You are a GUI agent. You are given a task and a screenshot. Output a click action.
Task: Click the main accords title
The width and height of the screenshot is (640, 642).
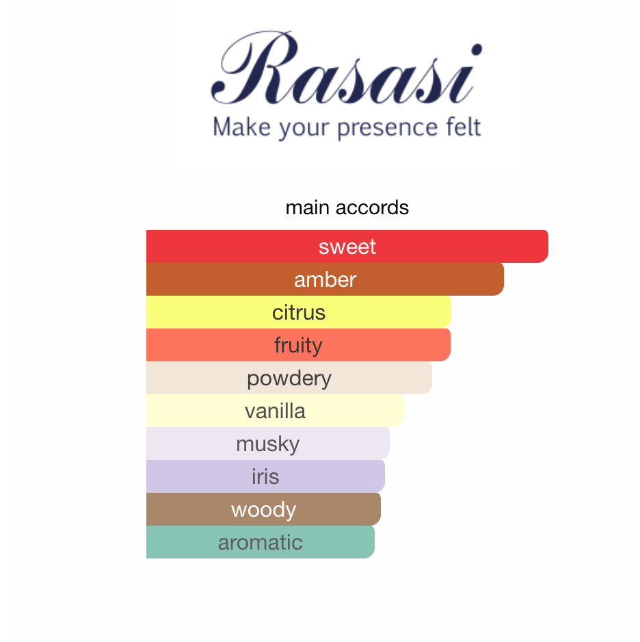click(347, 207)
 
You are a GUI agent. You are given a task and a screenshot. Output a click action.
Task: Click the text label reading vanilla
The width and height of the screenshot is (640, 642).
click(275, 411)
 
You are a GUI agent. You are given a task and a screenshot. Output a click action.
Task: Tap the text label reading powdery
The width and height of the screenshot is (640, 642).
click(289, 378)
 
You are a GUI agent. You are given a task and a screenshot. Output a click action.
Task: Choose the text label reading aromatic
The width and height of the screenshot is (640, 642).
click(260, 542)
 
